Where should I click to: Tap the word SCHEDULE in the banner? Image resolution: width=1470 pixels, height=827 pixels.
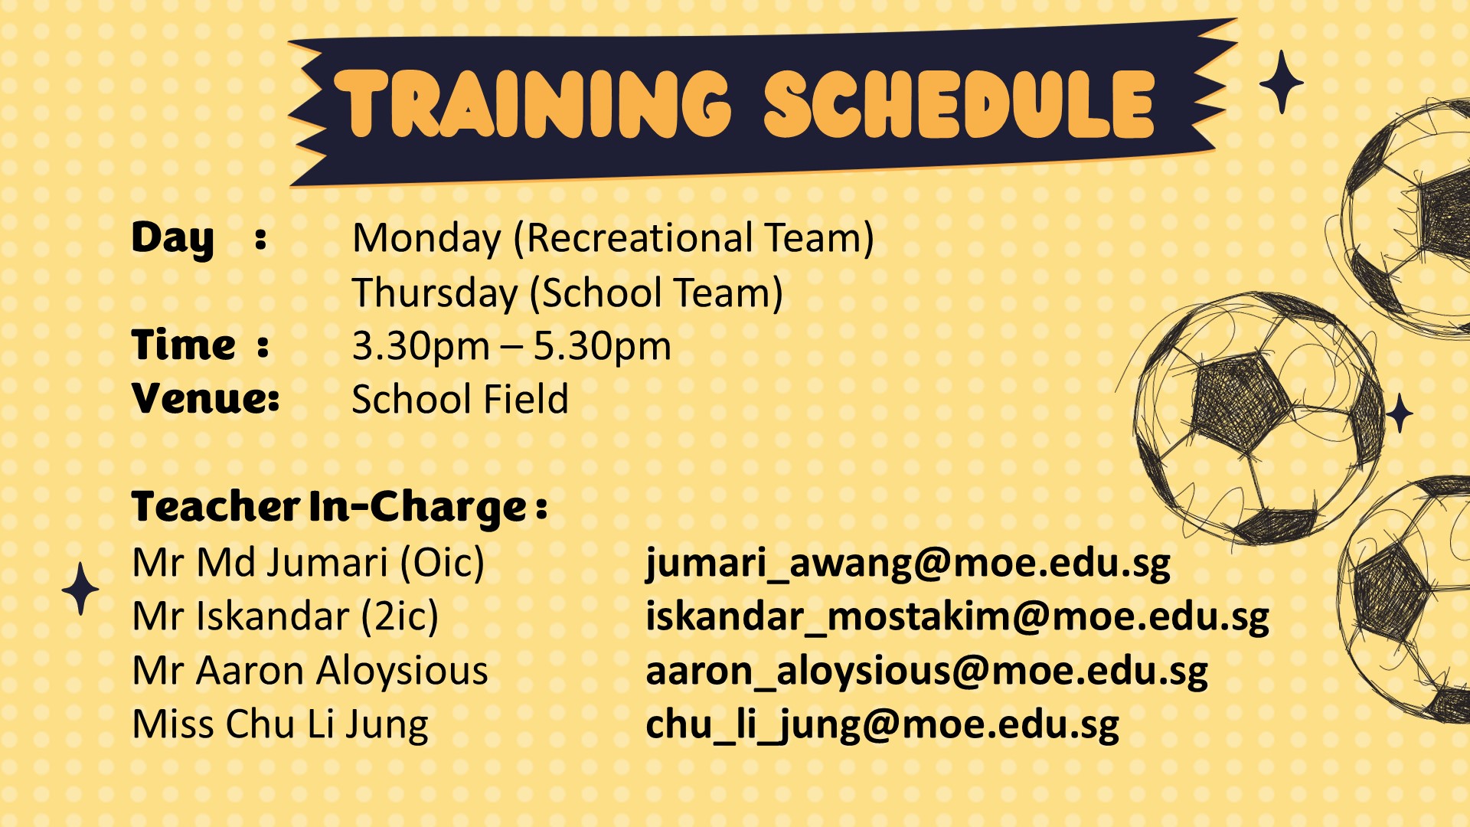tap(959, 104)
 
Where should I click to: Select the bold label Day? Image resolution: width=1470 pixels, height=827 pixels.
tap(172, 239)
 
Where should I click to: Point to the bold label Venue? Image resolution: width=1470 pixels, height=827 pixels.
tap(205, 398)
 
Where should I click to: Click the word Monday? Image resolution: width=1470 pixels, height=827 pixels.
tap(426, 239)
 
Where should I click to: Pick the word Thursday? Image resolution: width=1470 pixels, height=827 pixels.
tap(435, 293)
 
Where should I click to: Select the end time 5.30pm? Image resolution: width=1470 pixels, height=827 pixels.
tap(603, 347)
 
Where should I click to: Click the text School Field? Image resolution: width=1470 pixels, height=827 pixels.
tap(460, 399)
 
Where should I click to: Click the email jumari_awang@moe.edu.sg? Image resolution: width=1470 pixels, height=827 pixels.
tap(908, 564)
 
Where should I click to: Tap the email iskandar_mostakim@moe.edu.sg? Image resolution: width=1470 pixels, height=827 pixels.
tap(957, 618)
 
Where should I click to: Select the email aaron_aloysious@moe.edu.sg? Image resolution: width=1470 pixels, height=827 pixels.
tap(926, 672)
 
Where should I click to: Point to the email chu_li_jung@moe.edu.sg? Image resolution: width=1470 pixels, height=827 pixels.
tap(882, 725)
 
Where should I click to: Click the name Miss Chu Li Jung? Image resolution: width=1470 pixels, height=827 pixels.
tap(280, 725)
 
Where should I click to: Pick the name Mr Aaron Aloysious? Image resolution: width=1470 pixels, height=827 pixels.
tap(310, 671)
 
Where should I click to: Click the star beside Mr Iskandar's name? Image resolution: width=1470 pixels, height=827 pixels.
tap(80, 589)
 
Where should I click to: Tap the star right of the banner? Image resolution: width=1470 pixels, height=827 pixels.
tap(1282, 82)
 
